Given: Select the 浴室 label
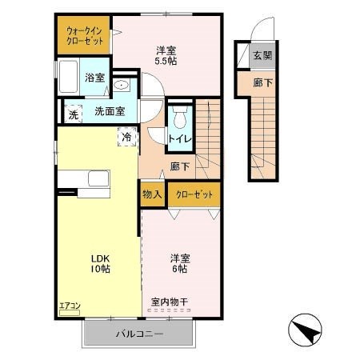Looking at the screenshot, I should point(94,78).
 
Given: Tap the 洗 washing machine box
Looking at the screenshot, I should point(72,113).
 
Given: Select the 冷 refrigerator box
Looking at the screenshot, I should point(127,137).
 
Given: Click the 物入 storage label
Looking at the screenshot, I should point(152,194).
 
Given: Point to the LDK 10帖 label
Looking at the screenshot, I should point(100,263).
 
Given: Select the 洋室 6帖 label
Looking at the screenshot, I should point(179,263).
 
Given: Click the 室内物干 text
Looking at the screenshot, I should point(169,302).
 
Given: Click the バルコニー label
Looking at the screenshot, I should point(138,334).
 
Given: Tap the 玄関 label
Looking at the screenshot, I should point(262,55).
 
